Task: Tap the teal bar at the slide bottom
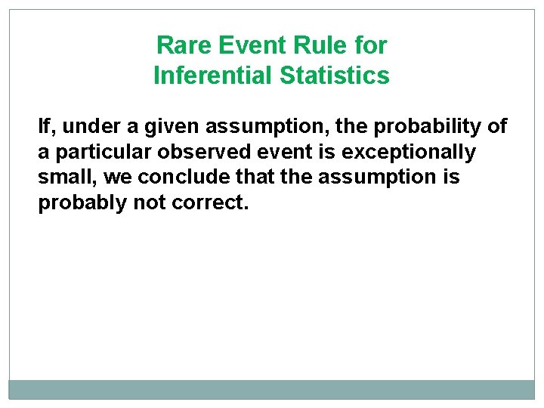[272, 389]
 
